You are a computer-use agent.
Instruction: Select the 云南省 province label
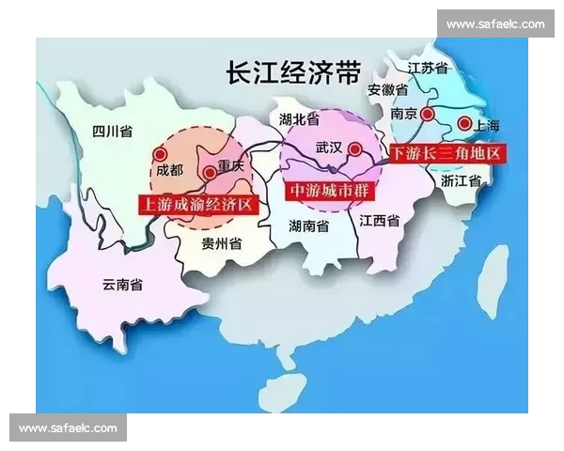[123, 285]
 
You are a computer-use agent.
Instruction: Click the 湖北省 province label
[300, 119]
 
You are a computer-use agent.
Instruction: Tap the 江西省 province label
[380, 221]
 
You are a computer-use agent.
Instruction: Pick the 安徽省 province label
[387, 90]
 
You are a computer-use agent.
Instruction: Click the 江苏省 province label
[428, 69]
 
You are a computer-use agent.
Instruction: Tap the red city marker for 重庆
[209, 173]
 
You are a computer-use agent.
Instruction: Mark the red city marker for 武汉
[352, 148]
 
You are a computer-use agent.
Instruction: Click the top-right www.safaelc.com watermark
[494, 23]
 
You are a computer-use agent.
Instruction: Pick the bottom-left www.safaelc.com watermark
[68, 428]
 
